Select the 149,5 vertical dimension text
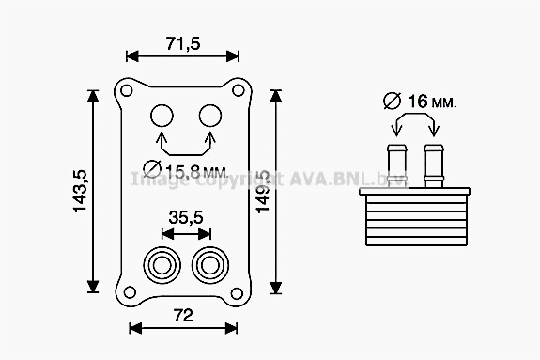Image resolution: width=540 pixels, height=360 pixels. tap(263, 192)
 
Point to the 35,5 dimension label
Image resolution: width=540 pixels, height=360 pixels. tap(185, 217)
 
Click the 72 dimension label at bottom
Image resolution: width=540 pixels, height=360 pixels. tap(184, 314)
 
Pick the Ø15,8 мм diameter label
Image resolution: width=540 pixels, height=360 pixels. tap(185, 170)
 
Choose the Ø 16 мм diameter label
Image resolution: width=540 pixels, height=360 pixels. tap(420, 99)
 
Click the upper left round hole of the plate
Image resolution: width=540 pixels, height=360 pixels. tap(162, 116)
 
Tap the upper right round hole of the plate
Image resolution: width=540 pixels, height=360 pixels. tap(209, 116)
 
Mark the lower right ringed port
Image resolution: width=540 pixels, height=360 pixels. tap(208, 264)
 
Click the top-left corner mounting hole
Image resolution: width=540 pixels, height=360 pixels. tap(124, 91)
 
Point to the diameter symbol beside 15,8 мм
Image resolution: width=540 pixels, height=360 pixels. tap(151, 170)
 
